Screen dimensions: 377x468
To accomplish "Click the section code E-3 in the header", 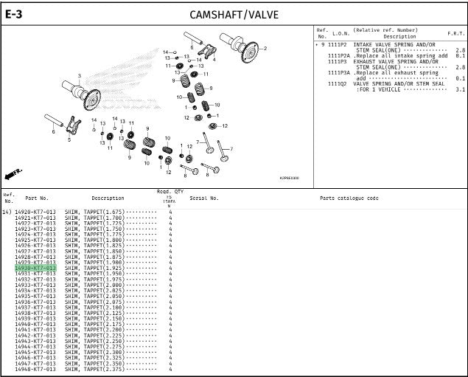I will [x=14, y=14].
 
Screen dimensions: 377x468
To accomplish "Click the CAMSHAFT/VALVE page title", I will [x=234, y=15].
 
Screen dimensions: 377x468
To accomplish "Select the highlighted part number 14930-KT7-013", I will [x=35, y=268].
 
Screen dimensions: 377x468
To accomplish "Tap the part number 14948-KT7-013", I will [x=35, y=369].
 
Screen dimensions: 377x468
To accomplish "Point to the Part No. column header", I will [x=37, y=198].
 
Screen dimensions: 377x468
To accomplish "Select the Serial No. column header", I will [x=204, y=198].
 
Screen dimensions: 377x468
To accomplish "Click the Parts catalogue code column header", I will [x=349, y=198].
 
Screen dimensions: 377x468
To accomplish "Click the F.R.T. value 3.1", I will [x=460, y=89].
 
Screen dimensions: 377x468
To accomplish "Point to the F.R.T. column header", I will [x=455, y=34].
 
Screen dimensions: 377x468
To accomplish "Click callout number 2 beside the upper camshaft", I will [x=265, y=49].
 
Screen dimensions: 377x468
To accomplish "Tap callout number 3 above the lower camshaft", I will [x=80, y=76].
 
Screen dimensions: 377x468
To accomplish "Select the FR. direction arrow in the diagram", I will [x=13, y=174].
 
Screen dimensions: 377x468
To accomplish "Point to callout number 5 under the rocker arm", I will [x=69, y=139].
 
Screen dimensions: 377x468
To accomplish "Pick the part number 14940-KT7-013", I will [x=35, y=324].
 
